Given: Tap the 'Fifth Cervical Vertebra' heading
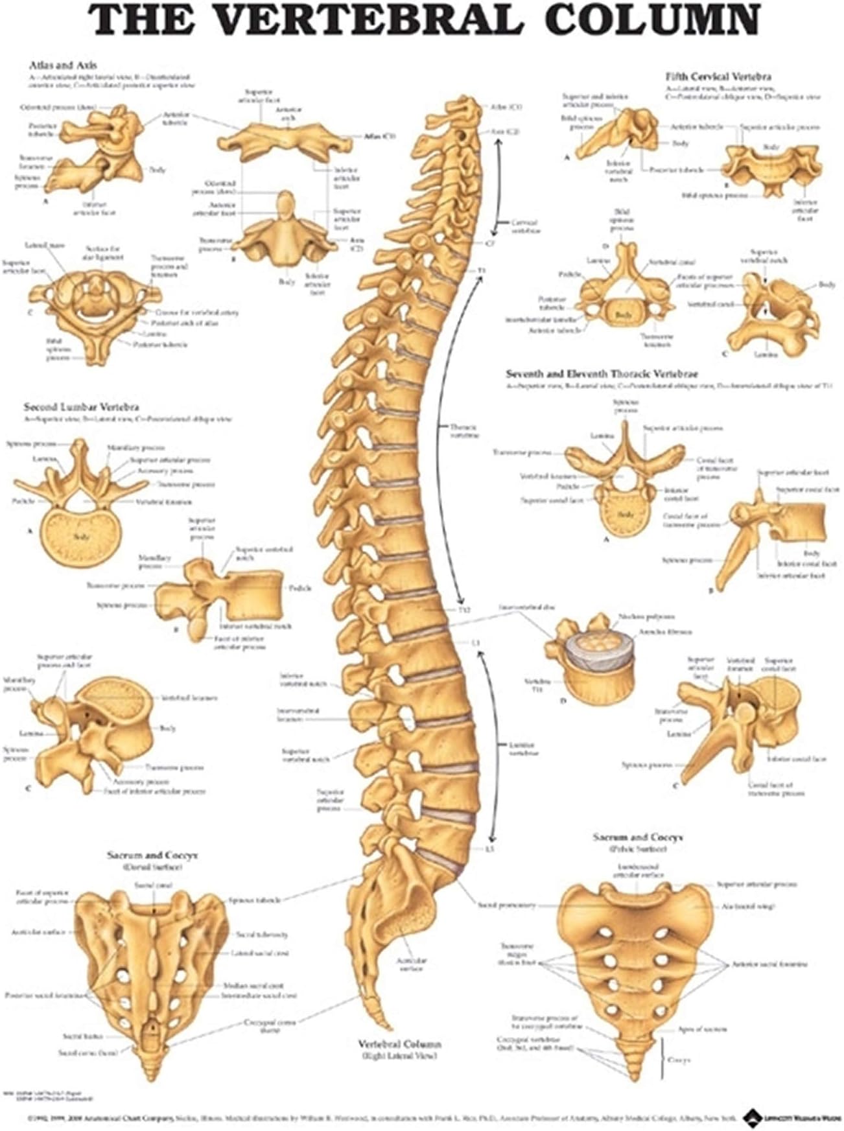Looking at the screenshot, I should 718,76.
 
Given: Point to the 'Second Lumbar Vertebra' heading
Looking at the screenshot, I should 82,407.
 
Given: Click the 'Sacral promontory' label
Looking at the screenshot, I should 506,905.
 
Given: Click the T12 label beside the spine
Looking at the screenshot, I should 463,611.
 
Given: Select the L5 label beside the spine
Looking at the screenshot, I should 473,848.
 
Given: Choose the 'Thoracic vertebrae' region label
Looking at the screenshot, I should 463,431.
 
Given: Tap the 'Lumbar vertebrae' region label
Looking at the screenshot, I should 522,749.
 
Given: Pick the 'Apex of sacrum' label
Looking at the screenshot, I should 702,1029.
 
